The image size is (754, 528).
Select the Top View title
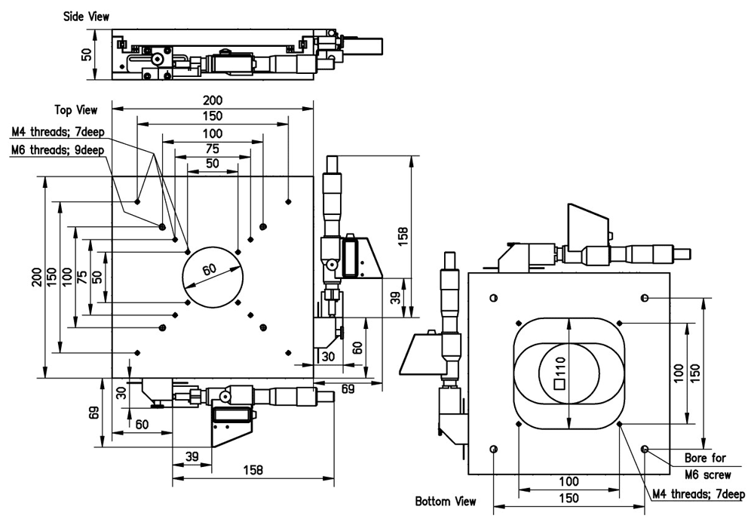point(76,110)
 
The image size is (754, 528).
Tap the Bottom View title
point(446,501)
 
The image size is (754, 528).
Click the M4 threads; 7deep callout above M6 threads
point(59,134)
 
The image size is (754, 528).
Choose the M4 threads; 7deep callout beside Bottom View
point(698,496)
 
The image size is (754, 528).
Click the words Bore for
point(704,458)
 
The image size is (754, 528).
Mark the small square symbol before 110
point(559,384)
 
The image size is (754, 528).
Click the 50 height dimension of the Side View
point(87,54)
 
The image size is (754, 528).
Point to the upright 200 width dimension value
point(213,100)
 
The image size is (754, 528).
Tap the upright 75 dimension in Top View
point(213,148)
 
